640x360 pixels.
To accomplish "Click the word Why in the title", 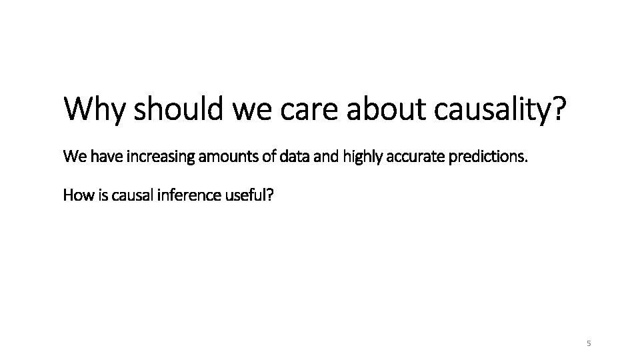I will (x=94, y=109).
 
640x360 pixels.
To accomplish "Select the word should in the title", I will (x=179, y=109).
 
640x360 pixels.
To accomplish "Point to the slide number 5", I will (x=588, y=343).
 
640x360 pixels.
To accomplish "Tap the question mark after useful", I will (x=269, y=195).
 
